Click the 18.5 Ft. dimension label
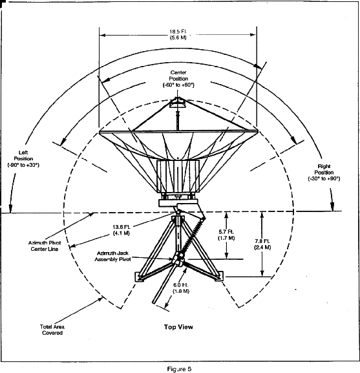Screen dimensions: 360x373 [178, 34]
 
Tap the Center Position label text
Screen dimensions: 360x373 [178, 79]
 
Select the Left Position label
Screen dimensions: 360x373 [23, 158]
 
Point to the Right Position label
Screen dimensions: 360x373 [324, 172]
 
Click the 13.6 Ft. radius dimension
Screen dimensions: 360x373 [122, 229]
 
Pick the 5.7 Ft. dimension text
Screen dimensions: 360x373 [226, 235]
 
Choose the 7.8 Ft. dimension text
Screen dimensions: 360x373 [262, 244]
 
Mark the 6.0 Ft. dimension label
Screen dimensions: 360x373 [181, 288]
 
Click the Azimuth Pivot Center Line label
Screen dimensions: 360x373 [45, 246]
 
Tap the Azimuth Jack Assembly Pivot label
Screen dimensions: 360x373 [112, 256]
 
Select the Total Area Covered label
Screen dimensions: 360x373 [52, 330]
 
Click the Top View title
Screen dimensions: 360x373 [178, 327]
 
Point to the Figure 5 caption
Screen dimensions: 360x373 [179, 369]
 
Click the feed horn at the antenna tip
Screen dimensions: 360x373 [177, 103]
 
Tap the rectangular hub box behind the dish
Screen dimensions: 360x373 [178, 176]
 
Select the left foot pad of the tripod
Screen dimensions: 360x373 [140, 277]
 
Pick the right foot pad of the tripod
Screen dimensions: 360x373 [219, 276]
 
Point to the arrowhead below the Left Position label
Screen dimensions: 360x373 [10, 208]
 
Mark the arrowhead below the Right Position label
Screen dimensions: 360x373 [332, 206]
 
